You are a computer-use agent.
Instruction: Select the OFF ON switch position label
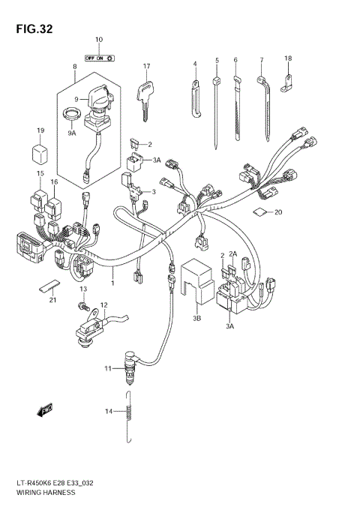point(98,57)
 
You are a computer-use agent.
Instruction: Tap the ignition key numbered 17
point(145,97)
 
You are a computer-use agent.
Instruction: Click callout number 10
point(98,39)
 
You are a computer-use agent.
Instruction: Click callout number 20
point(278,212)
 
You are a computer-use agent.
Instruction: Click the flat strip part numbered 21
point(48,286)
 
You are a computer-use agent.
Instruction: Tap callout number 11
point(108,368)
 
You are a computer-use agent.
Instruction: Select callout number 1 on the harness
point(112,283)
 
